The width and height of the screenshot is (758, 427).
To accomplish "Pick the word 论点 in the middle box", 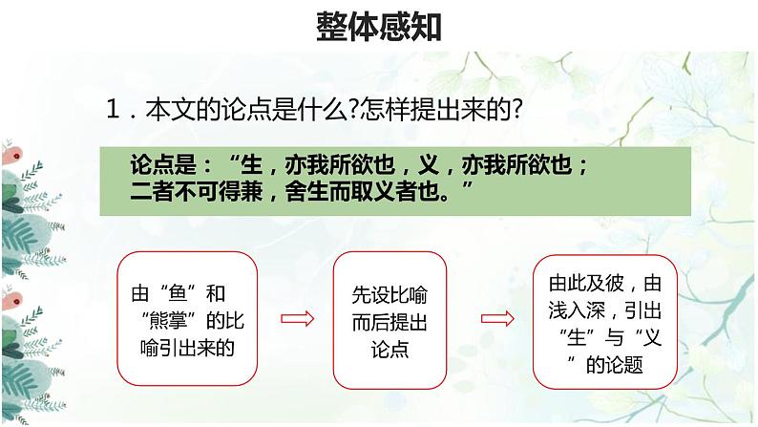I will coord(390,348).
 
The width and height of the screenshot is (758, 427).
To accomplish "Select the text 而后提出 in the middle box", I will coord(390,321).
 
